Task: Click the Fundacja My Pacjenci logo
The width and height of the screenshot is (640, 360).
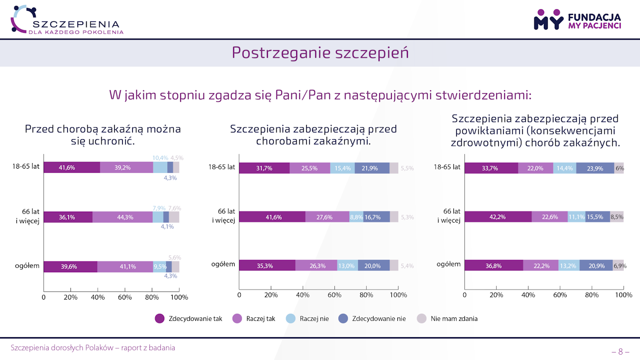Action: pyautogui.click(x=577, y=19)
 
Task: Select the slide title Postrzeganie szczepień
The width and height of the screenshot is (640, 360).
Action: pyautogui.click(x=320, y=52)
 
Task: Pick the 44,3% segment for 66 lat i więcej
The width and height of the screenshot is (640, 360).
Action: pyautogui.click(x=122, y=217)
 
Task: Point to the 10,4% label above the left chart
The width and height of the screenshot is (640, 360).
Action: pyautogui.click(x=160, y=158)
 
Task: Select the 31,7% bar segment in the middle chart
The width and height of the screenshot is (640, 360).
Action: pyautogui.click(x=264, y=168)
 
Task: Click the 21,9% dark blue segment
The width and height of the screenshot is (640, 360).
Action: pyautogui.click(x=372, y=168)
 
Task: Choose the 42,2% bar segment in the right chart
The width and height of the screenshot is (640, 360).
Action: pyautogui.click(x=498, y=217)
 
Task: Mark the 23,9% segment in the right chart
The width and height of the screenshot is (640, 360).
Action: pyautogui.click(x=595, y=168)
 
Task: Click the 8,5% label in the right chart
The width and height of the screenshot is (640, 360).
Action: pyautogui.click(x=617, y=217)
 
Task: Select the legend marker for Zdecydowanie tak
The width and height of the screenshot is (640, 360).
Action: pyautogui.click(x=160, y=319)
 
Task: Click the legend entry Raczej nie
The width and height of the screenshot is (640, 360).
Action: pyautogui.click(x=308, y=319)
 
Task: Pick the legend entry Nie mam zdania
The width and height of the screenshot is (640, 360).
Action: pyautogui.click(x=448, y=319)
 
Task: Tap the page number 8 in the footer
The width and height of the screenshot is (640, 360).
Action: pyautogui.click(x=620, y=352)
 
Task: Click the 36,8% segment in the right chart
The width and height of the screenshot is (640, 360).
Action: pyautogui.click(x=494, y=266)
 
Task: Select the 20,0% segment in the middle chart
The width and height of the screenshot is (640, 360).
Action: pyautogui.click(x=373, y=266)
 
